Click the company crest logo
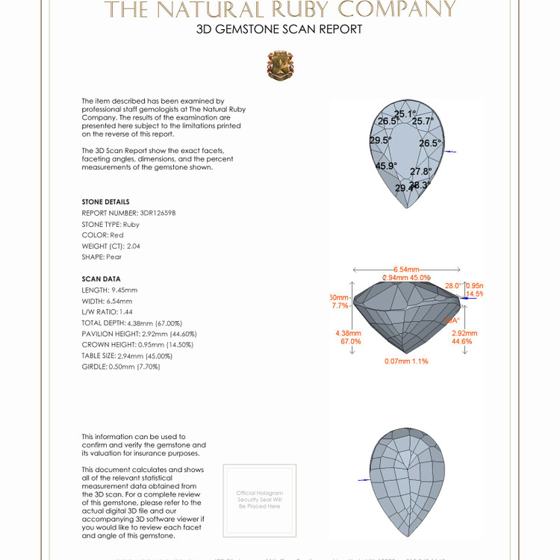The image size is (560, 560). (x=280, y=66)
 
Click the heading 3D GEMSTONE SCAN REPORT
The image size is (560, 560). (x=279, y=30)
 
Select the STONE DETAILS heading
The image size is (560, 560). (x=105, y=202)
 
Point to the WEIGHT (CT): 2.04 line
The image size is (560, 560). (x=111, y=246)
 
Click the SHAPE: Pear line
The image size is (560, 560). (x=102, y=257)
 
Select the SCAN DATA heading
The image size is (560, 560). (x=101, y=279)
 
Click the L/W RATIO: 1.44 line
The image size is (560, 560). (x=108, y=311)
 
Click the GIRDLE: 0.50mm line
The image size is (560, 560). (x=120, y=367)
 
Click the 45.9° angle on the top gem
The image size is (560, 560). (x=386, y=167)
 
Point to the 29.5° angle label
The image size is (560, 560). (x=380, y=140)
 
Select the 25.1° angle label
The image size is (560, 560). (x=405, y=114)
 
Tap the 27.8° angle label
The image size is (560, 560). (x=420, y=172)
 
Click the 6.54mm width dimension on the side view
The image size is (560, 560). (x=406, y=270)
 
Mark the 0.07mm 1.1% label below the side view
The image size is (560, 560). (x=407, y=361)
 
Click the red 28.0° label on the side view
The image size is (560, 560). (x=453, y=285)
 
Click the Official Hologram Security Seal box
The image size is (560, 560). (x=260, y=500)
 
